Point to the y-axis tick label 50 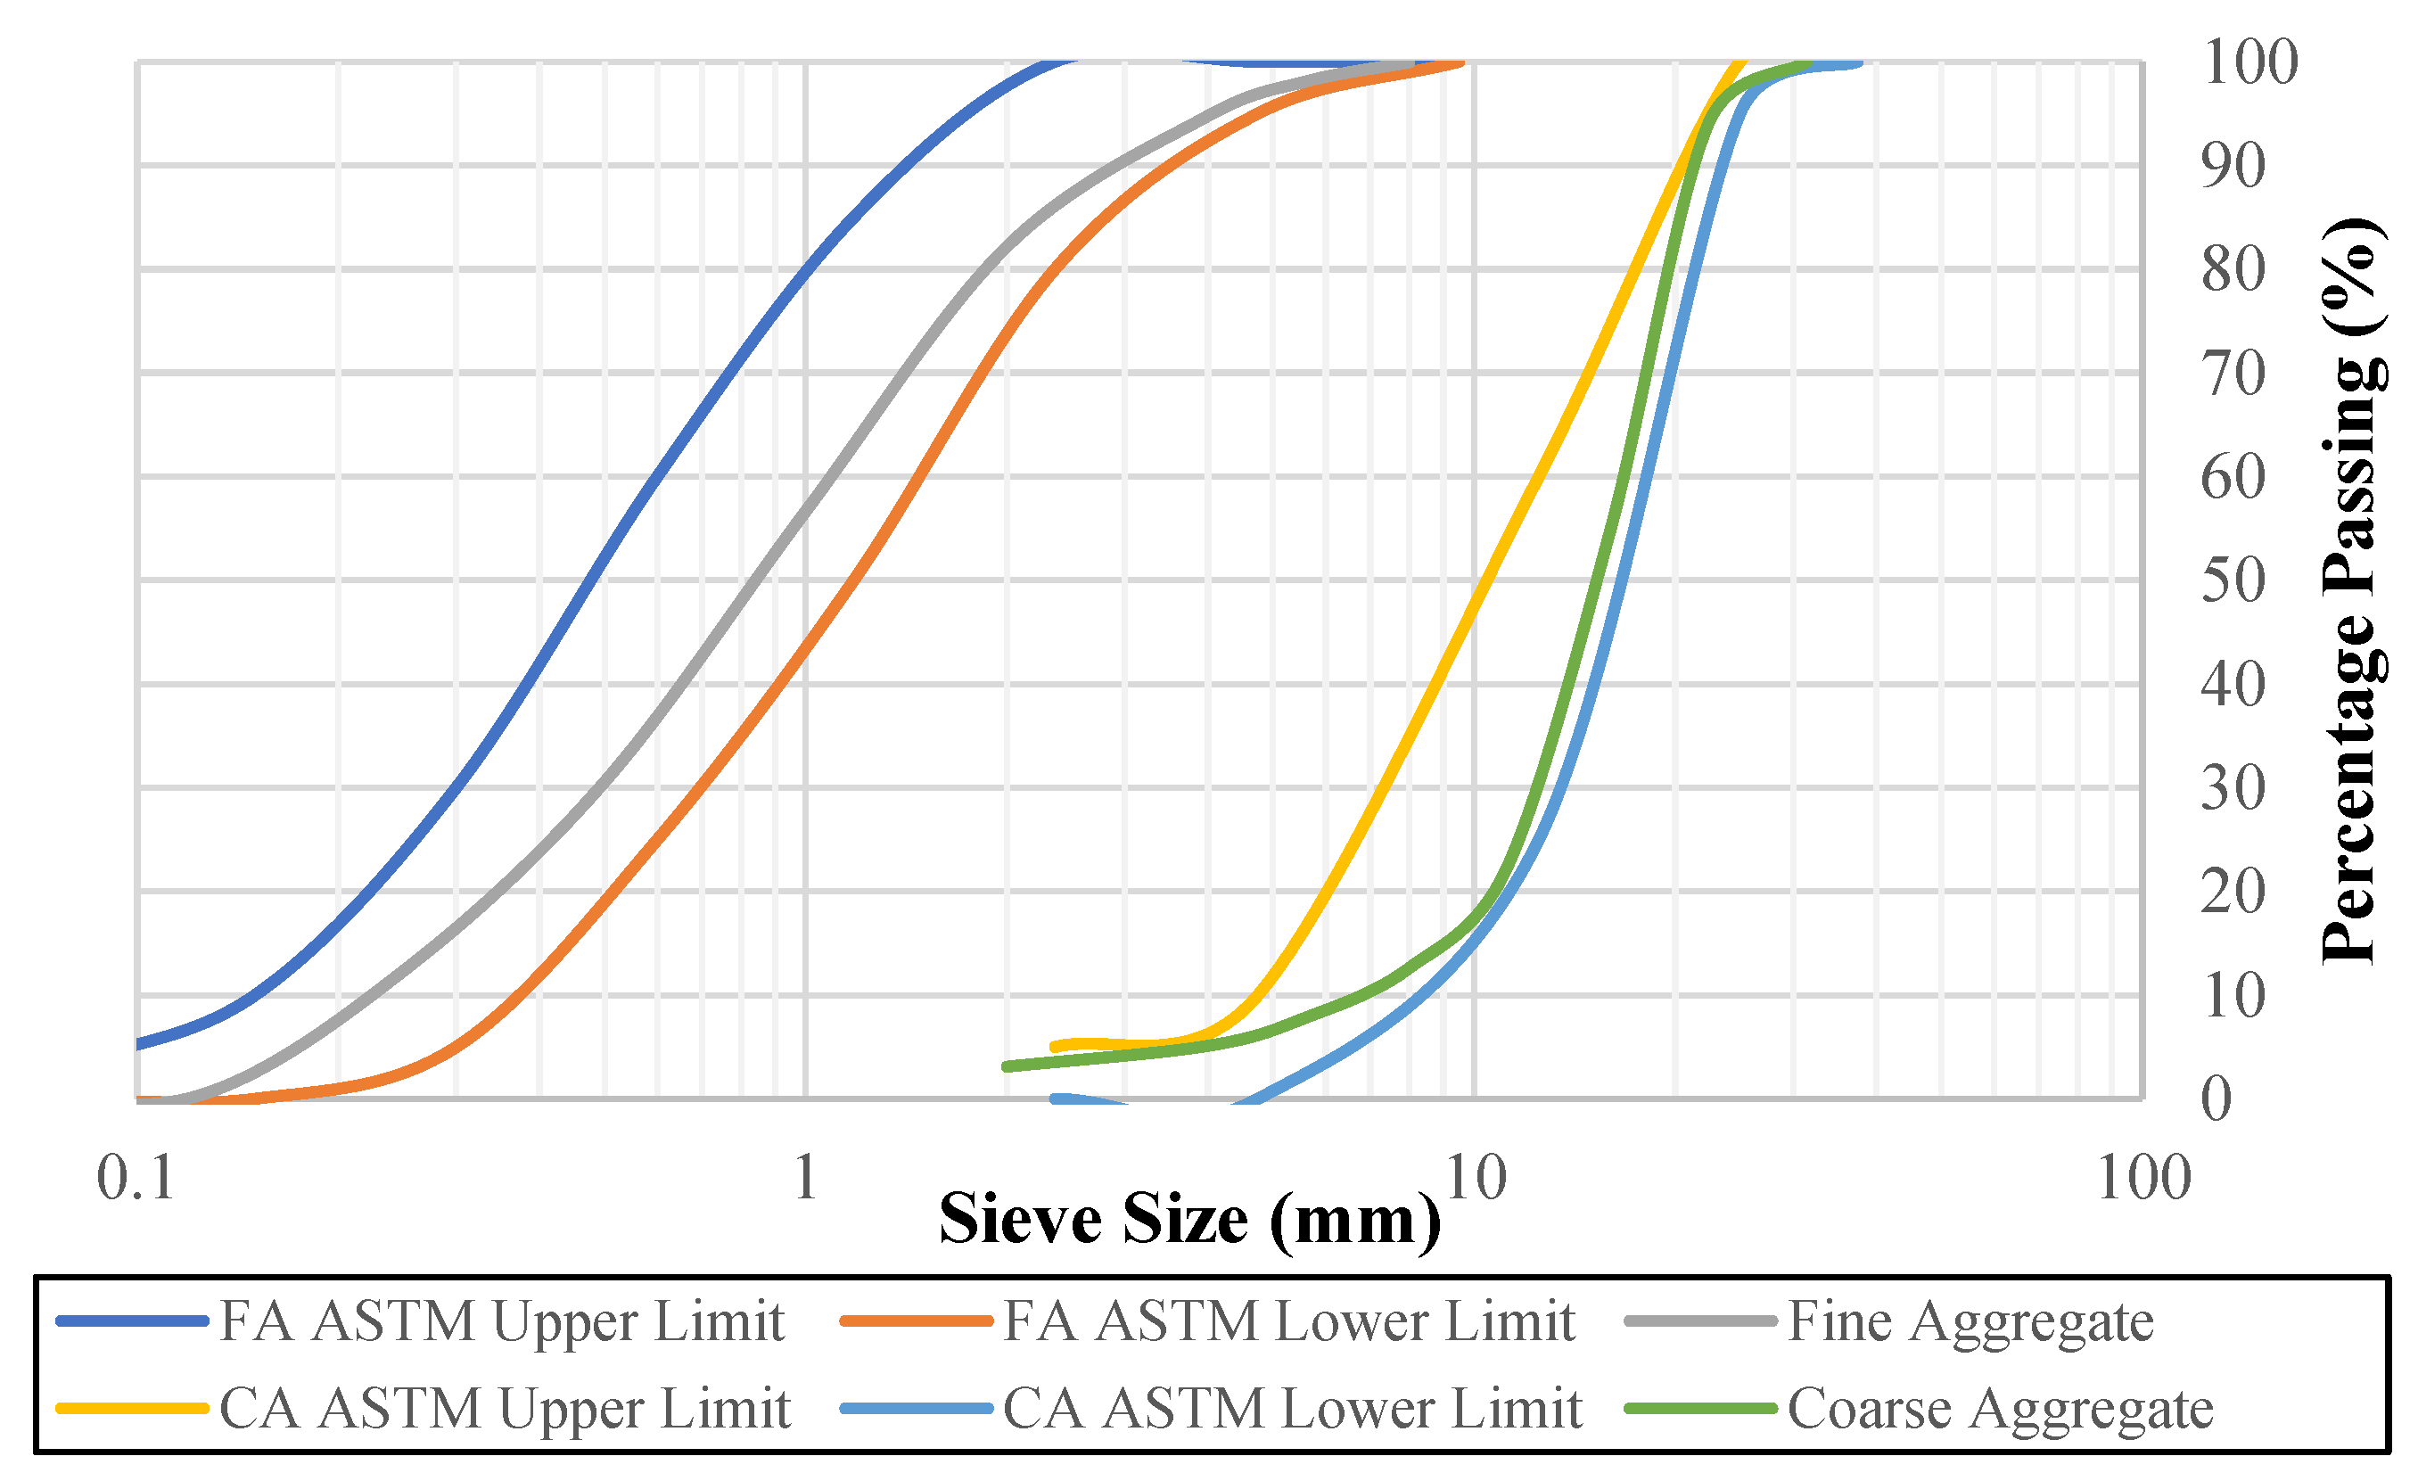(2233, 580)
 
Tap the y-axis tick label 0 (2216, 1098)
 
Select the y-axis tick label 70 (2233, 374)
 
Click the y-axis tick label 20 (2233, 893)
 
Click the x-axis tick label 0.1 (136, 1178)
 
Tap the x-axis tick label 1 (806, 1178)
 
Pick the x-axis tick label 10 (1475, 1178)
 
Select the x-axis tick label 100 (2144, 1178)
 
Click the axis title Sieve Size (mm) (1189, 1220)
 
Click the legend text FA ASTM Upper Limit (501, 1321)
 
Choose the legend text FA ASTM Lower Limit (1288, 1321)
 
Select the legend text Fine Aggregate (1970, 1321)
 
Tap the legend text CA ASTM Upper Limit (505, 1410)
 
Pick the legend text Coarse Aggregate (2000, 1410)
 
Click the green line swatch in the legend (1700, 1410)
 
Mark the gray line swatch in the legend (1700, 1321)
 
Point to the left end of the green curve (1007, 1066)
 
